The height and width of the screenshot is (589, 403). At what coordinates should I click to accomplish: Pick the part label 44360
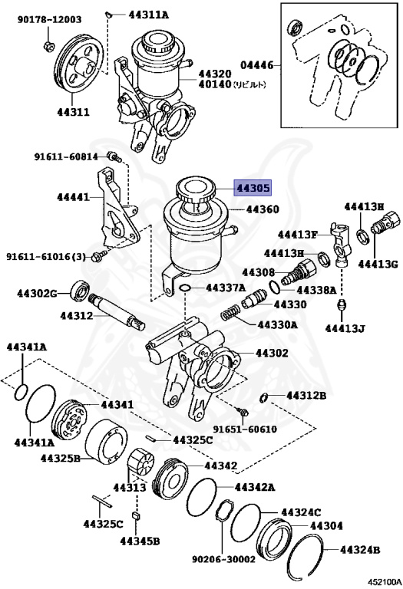(x=263, y=209)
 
